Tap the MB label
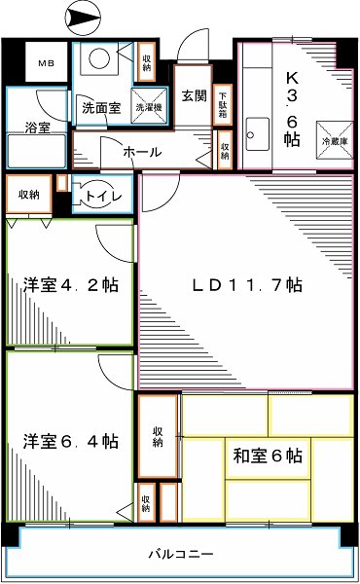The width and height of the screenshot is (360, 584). [46, 64]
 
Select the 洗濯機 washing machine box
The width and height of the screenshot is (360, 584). [151, 107]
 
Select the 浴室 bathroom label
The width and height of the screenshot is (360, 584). [37, 127]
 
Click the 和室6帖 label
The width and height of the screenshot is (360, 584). [266, 455]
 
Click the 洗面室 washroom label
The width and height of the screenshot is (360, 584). [101, 108]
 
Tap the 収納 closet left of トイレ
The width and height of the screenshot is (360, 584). [28, 195]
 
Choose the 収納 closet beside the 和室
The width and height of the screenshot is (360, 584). [158, 438]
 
